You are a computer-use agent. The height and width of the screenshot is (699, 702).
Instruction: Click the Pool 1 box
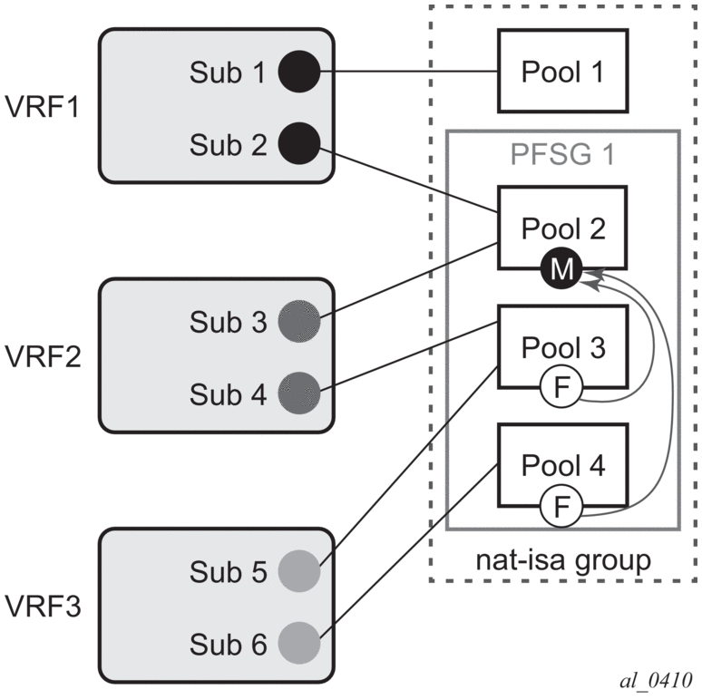tap(563, 70)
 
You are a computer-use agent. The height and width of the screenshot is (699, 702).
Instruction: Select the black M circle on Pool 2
tap(561, 269)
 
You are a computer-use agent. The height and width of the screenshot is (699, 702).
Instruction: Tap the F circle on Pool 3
tap(561, 389)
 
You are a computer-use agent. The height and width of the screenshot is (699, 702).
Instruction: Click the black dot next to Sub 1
tap(298, 71)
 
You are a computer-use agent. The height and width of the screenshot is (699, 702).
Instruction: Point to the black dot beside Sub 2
tap(298, 143)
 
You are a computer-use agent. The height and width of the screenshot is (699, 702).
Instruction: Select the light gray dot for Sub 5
tap(300, 572)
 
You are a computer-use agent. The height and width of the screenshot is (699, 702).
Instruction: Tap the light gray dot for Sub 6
tap(300, 644)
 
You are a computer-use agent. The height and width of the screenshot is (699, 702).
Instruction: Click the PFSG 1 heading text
tap(563, 154)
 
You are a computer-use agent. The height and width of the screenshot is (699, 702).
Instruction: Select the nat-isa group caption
tap(563, 559)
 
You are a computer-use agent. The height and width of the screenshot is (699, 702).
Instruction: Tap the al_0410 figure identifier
tap(652, 679)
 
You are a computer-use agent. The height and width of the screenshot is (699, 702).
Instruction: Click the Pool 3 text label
tap(563, 347)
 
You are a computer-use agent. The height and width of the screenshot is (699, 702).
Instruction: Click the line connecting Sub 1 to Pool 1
tap(408, 71)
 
